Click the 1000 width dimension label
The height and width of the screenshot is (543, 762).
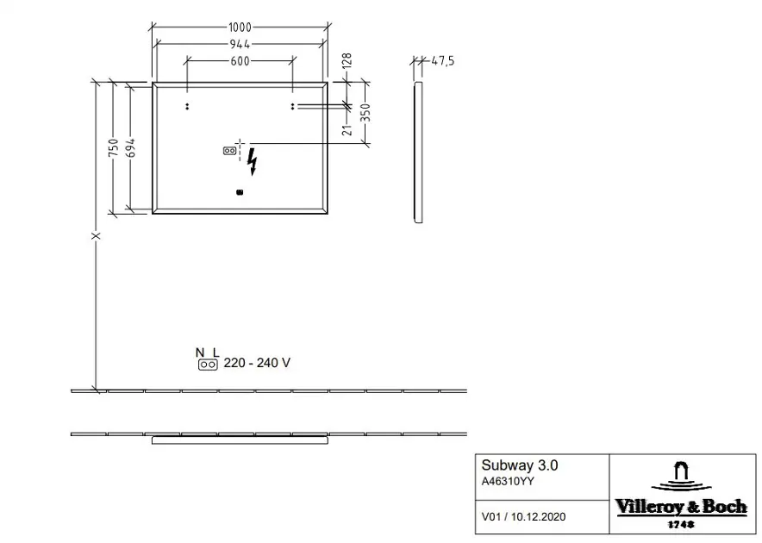[240, 28]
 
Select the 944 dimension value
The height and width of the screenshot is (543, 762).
[240, 44]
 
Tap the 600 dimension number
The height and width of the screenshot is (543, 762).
[240, 61]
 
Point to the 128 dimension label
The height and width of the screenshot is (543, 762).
[347, 60]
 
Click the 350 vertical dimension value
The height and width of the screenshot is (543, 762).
[365, 113]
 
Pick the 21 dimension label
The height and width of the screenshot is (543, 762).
[347, 130]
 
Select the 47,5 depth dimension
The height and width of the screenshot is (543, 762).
[443, 61]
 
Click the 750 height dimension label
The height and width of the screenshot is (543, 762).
[113, 147]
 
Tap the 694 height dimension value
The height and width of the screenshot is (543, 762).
[130, 147]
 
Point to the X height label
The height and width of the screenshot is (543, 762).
[97, 236]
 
